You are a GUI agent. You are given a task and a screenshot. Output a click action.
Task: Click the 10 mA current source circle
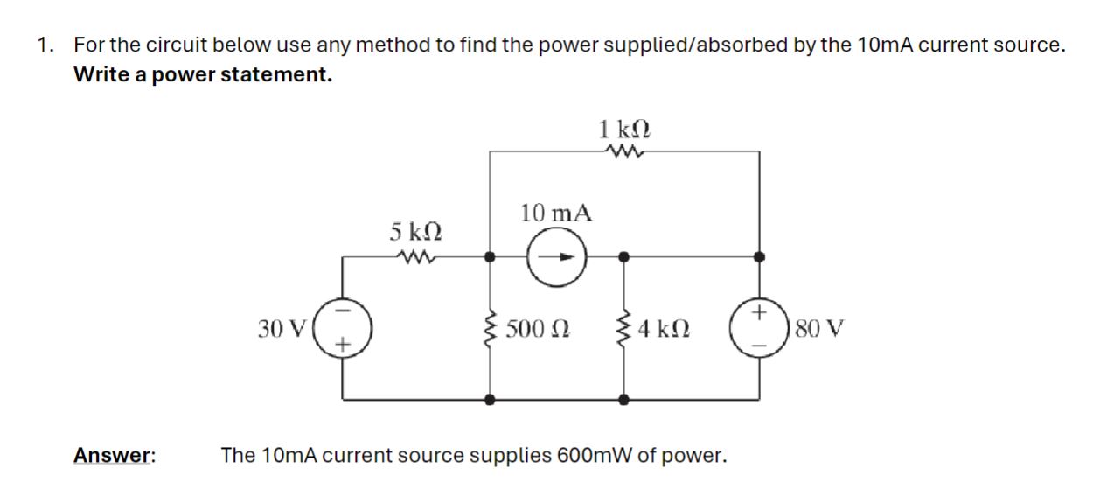pyautogui.click(x=556, y=258)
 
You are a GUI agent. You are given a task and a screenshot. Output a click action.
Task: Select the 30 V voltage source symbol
pyautogui.click(x=342, y=329)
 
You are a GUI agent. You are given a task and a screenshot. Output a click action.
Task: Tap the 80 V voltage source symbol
pyautogui.click(x=759, y=329)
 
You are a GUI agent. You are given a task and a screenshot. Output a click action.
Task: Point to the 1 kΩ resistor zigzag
pyautogui.click(x=623, y=151)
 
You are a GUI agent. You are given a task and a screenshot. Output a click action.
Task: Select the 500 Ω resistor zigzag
pyautogui.click(x=490, y=329)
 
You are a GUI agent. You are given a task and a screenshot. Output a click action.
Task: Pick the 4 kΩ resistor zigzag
pyautogui.click(x=623, y=329)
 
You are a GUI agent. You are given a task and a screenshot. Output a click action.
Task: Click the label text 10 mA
pyautogui.click(x=556, y=213)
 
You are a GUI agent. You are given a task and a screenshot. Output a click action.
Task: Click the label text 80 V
pyautogui.click(x=820, y=330)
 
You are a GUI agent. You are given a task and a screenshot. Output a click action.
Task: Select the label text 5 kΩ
pyautogui.click(x=414, y=232)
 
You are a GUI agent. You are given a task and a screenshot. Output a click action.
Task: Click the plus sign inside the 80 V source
pyautogui.click(x=759, y=312)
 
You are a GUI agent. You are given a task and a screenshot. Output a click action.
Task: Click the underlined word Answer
pyautogui.click(x=114, y=455)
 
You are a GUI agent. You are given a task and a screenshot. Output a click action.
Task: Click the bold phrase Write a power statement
pyautogui.click(x=203, y=75)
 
